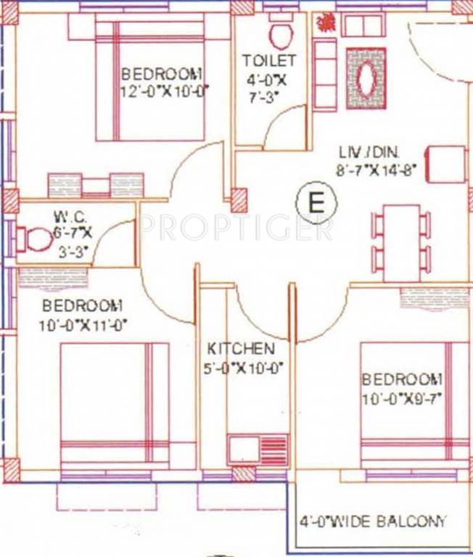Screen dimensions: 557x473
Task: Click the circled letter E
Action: click(316, 202)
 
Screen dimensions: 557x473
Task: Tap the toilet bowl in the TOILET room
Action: click(279, 33)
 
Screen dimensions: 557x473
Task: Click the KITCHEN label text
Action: click(240, 349)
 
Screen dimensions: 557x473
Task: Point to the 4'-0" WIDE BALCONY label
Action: click(374, 521)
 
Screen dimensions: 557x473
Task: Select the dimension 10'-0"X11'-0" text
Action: click(83, 325)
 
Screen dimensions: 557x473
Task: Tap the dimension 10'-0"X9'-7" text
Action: click(402, 398)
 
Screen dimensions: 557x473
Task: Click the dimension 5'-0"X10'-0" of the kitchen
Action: click(242, 368)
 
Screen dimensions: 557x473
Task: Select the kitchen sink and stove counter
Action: click(258, 450)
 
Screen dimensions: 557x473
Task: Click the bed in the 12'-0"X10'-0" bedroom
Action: click(150, 80)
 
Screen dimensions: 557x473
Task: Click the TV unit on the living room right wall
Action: click(445, 165)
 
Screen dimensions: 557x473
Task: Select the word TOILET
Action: click(269, 60)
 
